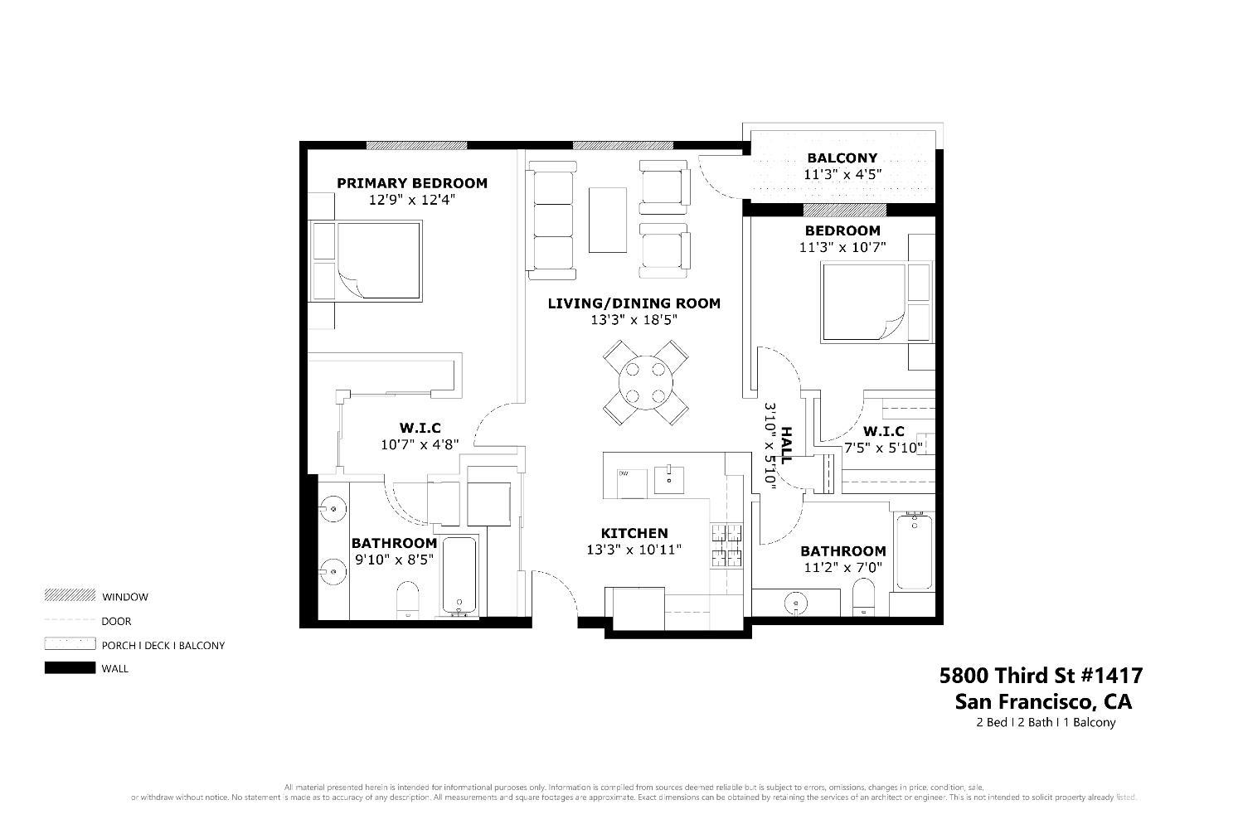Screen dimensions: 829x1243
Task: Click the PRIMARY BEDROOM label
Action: [x=411, y=183]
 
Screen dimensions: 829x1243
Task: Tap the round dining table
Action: [x=644, y=382]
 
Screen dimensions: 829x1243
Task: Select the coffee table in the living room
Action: [x=607, y=220]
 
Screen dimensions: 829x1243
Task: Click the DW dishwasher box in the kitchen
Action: [x=631, y=483]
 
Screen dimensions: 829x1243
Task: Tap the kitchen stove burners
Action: [x=728, y=545]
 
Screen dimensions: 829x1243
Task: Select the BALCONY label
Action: [x=842, y=158]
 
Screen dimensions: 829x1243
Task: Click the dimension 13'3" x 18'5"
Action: [x=634, y=320]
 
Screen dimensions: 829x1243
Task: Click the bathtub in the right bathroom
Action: [x=913, y=550]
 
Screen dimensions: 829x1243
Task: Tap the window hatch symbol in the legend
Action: [x=70, y=596]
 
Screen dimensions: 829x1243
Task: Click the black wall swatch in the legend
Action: [x=70, y=668]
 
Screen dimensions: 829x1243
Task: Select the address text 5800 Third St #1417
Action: [x=1041, y=675]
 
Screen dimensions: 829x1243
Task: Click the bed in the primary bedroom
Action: [x=367, y=259]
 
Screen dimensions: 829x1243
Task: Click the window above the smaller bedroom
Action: [x=844, y=210]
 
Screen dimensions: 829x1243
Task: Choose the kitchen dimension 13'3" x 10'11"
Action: [x=634, y=550]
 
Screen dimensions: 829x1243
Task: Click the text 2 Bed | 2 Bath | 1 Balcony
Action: [x=1046, y=722]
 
